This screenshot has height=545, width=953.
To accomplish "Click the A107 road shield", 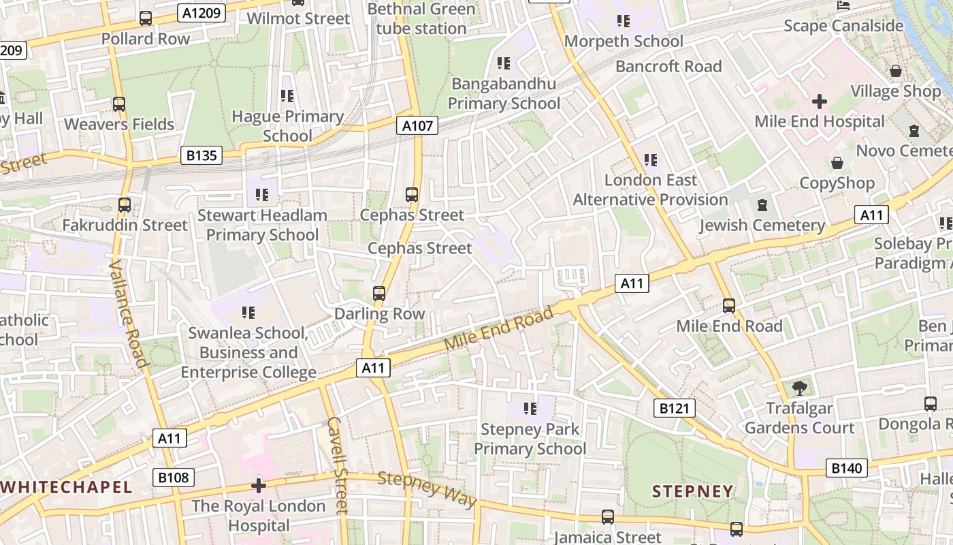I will pyautogui.click(x=417, y=125).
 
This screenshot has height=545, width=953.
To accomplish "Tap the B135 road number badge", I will pyautogui.click(x=201, y=156).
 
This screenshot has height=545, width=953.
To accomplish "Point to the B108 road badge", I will pyautogui.click(x=173, y=478).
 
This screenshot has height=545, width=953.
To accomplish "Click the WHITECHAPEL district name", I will pyautogui.click(x=67, y=487).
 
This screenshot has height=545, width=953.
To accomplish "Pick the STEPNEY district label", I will pyautogui.click(x=692, y=491).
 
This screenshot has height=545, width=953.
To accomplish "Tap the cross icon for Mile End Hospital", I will pyautogui.click(x=820, y=102).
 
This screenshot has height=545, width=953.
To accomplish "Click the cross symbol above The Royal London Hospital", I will pyautogui.click(x=258, y=486).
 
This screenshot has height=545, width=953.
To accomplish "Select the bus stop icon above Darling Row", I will pyautogui.click(x=379, y=294).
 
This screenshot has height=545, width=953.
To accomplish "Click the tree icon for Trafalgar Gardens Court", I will pyautogui.click(x=799, y=388).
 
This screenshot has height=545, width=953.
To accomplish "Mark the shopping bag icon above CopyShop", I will pyautogui.click(x=837, y=163).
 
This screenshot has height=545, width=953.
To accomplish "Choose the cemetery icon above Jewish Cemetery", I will pyautogui.click(x=762, y=205).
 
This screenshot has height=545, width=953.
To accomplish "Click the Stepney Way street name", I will pyautogui.click(x=427, y=488).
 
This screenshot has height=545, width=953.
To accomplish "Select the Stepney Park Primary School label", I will pyautogui.click(x=530, y=439).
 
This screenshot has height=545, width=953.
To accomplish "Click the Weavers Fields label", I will pyautogui.click(x=119, y=124).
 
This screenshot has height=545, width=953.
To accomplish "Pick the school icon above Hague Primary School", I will pyautogui.click(x=287, y=96).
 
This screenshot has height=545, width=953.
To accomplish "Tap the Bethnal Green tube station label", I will pyautogui.click(x=421, y=18).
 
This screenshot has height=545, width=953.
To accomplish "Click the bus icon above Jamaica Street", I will pyautogui.click(x=607, y=517).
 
